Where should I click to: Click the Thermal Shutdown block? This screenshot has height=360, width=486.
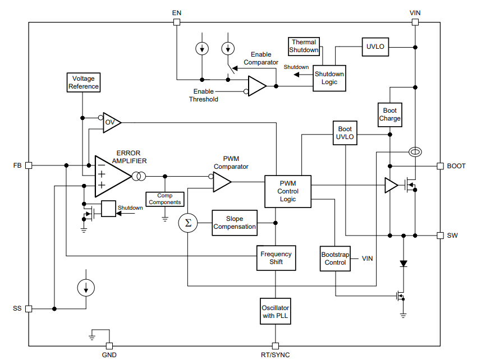(x=304, y=47)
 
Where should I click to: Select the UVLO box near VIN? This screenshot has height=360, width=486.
(x=375, y=47)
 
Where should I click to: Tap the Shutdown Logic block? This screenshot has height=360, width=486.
(x=329, y=78)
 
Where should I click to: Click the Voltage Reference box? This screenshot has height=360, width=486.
(x=84, y=82)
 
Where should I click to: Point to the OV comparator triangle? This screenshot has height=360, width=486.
(x=112, y=123)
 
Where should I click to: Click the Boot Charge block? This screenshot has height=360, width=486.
(x=390, y=114)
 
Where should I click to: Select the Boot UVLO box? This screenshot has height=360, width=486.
(x=345, y=133)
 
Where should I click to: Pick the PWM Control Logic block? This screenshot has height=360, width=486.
(x=288, y=191)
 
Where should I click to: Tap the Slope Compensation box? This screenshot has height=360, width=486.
(x=235, y=223)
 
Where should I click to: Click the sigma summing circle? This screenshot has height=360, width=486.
(x=188, y=223)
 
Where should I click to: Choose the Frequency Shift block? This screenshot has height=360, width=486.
(x=276, y=258)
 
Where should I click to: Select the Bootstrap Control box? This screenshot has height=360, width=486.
(x=335, y=259)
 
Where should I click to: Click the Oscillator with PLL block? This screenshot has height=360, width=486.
(x=275, y=311)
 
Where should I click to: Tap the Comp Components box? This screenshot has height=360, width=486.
(x=165, y=199)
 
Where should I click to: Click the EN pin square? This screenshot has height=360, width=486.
(x=177, y=22)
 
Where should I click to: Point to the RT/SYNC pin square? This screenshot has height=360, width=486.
(x=275, y=346)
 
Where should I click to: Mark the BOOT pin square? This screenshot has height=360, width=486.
(x=440, y=166)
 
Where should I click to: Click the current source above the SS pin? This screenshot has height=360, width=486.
(x=86, y=288)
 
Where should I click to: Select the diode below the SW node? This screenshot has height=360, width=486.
(x=404, y=264)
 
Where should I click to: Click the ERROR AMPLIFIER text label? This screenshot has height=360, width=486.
(x=129, y=157)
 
